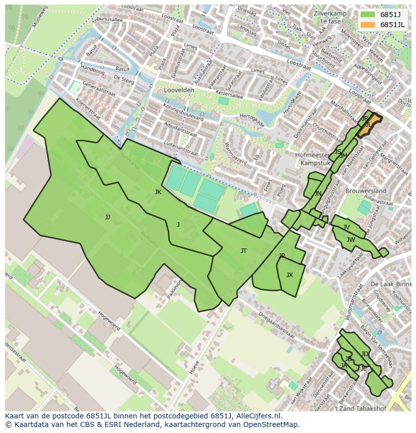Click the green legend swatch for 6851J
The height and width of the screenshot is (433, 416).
368,15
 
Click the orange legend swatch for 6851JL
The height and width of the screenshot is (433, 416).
368,25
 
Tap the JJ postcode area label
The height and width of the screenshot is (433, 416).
108,217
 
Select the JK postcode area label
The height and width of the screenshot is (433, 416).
158,192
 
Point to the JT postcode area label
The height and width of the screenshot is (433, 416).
244,250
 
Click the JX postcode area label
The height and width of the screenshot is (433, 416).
289,275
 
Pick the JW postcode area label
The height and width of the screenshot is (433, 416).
351,240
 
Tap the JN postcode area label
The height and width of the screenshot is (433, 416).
318,194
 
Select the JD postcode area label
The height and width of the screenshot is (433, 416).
364,354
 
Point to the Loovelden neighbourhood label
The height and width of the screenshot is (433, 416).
179,90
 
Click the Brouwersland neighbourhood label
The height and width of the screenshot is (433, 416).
366,191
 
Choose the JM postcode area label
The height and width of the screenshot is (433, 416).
343,156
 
